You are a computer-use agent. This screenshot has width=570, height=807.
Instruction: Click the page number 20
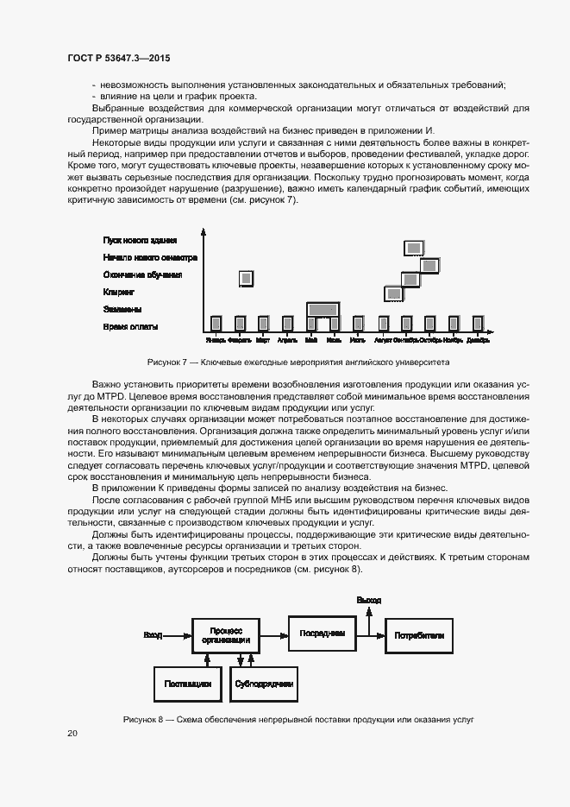point(72,733)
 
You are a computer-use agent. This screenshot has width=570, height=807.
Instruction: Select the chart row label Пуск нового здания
point(140,240)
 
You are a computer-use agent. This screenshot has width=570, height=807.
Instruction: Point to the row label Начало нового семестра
point(150,257)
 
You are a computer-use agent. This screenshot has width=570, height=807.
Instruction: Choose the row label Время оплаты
point(130,326)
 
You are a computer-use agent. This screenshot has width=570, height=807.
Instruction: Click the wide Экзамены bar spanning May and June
point(323,309)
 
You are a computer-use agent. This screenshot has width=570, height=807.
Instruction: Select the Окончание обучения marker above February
point(247,277)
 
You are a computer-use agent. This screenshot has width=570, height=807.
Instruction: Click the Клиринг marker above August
point(394,293)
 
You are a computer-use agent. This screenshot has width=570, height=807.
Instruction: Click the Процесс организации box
point(226,635)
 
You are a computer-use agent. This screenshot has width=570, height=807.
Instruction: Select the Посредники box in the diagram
point(322,634)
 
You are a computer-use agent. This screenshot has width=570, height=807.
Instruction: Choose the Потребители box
point(420,635)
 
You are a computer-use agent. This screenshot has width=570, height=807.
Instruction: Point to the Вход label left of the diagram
point(153,635)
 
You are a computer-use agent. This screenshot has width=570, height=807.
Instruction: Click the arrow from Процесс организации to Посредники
point(274,635)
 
